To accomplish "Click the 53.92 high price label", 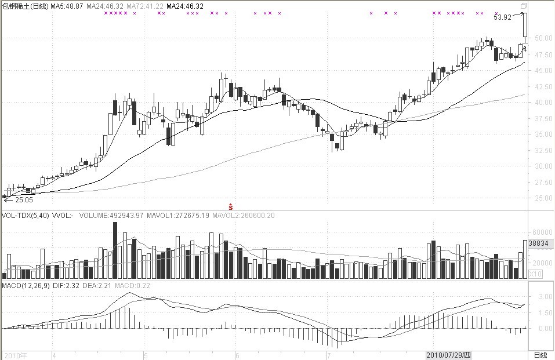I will tap(502, 17).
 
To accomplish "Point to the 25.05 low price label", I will tap(23, 199).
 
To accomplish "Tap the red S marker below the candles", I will tap(231, 206).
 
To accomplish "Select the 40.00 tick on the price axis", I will tap(542, 103).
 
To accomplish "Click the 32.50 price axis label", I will tap(542, 151).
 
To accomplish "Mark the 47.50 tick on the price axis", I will tap(542, 55).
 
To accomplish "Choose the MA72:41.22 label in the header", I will tap(145, 6).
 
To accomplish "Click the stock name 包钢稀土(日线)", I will tap(25, 6).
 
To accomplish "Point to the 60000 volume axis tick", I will tap(541, 231).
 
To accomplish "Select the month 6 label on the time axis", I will tap(237, 354).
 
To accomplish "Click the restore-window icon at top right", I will tap(523, 6).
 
